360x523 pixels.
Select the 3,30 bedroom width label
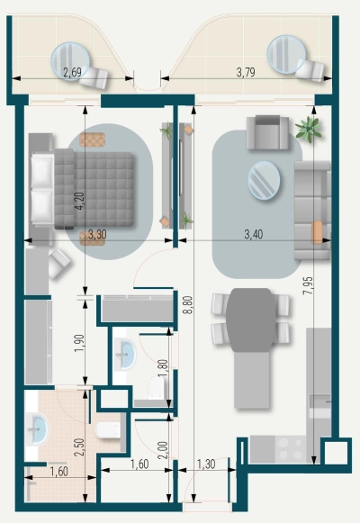[x=96, y=235]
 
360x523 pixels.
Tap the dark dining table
[x=251, y=319]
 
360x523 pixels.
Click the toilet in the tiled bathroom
[x=108, y=433]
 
